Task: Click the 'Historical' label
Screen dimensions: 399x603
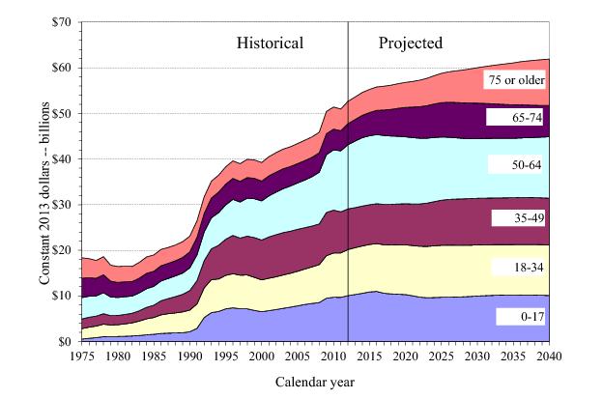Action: tap(271, 43)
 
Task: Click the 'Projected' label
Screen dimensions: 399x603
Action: tap(411, 43)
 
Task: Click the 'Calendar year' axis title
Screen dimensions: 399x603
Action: tap(315, 382)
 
